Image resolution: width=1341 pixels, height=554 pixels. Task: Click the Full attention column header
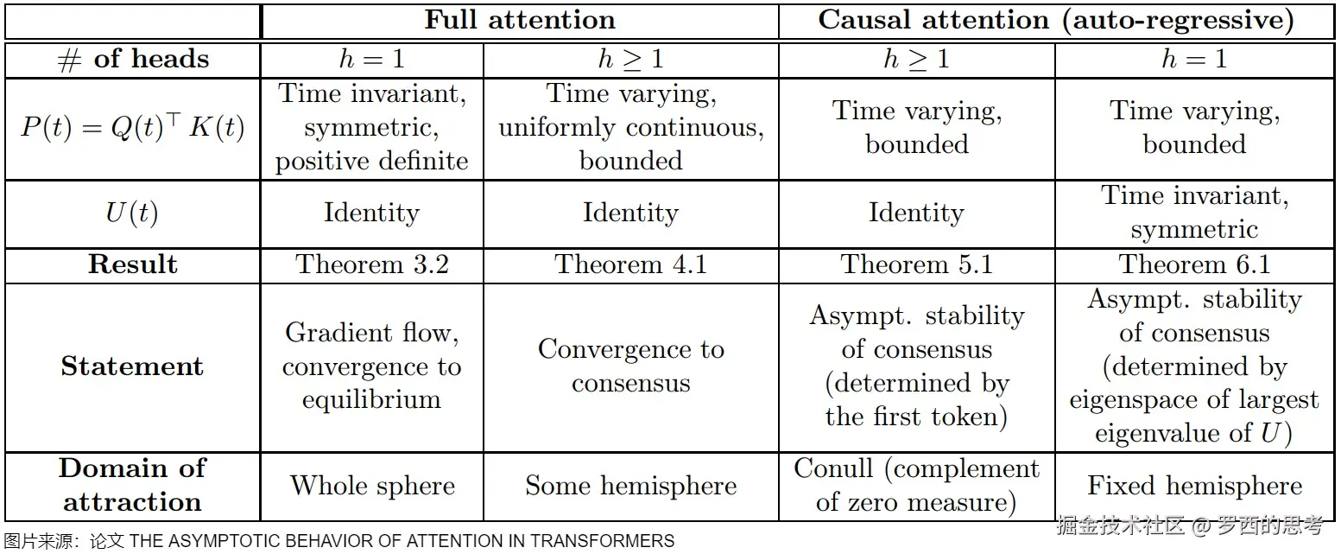pos(519,21)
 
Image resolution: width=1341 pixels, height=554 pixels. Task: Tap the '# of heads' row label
pos(132,60)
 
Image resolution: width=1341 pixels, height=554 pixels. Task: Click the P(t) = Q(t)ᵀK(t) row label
pos(132,128)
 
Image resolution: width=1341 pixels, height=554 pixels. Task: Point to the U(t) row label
pos(132,213)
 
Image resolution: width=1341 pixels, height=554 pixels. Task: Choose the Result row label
pos(132,264)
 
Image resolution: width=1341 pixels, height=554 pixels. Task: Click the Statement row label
pos(132,366)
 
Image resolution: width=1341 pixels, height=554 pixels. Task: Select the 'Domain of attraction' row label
pos(132,485)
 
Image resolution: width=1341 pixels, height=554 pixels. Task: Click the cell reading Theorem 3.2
pos(372,264)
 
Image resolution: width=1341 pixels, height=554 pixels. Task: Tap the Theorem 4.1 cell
pos(630,264)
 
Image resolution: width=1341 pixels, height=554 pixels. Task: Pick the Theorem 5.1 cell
pos(916,264)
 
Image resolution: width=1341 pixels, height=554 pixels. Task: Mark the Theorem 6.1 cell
pos(1194,264)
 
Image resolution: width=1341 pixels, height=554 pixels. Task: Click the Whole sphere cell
pos(372,486)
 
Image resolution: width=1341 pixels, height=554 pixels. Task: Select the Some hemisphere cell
pos(630,486)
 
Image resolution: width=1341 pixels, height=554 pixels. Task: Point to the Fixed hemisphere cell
pos(1194,486)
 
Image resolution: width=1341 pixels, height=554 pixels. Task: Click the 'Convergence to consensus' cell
pos(630,366)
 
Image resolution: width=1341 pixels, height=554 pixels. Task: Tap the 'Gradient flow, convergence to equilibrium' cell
pos(372,366)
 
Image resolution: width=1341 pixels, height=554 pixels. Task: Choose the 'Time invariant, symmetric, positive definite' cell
pos(372,128)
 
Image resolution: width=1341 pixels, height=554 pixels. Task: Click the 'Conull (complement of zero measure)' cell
pos(916,485)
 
